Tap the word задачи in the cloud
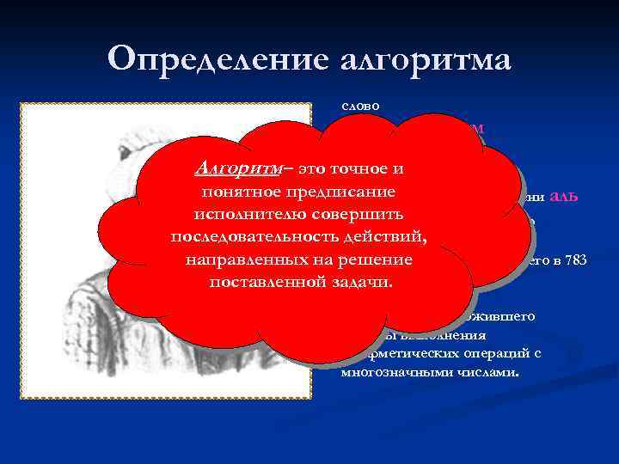point(365,280)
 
